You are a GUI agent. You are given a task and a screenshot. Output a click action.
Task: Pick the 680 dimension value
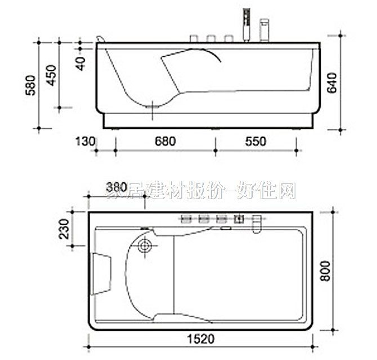pyautogui.click(x=163, y=141)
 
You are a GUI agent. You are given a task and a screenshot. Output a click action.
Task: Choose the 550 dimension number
pyautogui.click(x=255, y=141)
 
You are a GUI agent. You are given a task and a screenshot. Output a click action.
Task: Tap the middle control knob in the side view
pyautogui.click(x=211, y=39)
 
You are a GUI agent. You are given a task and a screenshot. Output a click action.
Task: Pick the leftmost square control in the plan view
pyautogui.click(x=186, y=219)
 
